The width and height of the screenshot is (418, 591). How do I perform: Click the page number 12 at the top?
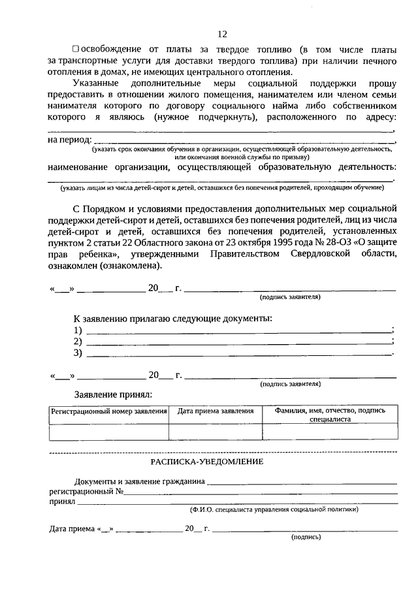click(x=222, y=34)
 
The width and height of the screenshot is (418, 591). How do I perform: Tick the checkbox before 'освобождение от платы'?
click(x=76, y=49)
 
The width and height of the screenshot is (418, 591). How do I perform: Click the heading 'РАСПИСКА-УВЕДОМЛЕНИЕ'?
click(x=207, y=462)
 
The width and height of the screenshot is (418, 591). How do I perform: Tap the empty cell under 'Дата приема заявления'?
click(x=216, y=432)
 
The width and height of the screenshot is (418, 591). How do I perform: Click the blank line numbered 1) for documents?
click(x=238, y=331)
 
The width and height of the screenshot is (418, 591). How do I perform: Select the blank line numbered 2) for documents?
click(x=238, y=342)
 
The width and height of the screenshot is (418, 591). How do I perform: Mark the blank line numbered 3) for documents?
click(x=238, y=353)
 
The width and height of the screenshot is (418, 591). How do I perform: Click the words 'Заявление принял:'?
click(x=112, y=394)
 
